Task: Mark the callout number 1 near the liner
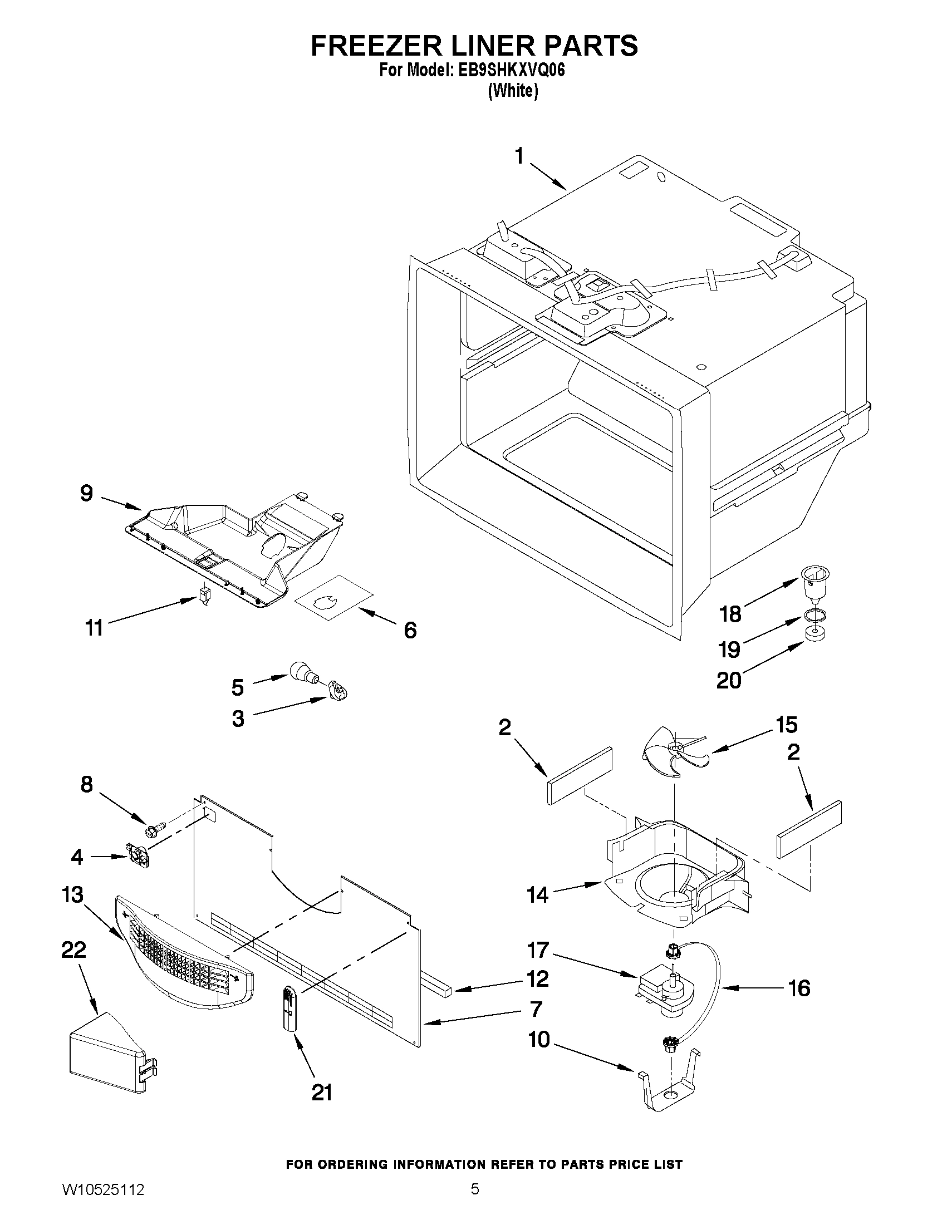coord(519,156)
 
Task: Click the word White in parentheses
coord(513,91)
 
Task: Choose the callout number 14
coord(537,895)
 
